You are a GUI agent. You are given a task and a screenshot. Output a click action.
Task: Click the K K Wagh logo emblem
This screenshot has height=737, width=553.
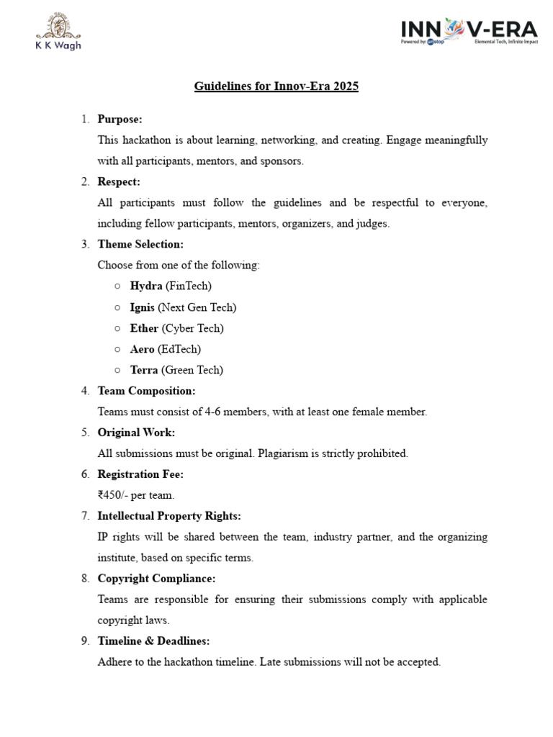pyautogui.click(x=58, y=27)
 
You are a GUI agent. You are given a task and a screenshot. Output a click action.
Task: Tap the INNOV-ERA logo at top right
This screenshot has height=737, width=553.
pyautogui.click(x=469, y=32)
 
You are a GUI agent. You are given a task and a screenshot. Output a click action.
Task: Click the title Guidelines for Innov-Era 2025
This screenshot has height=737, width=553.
pyautogui.click(x=276, y=87)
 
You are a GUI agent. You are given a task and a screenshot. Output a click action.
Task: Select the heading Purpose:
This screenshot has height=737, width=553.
pyautogui.click(x=120, y=119)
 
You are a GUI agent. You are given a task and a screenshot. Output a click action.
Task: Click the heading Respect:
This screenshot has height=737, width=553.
pyautogui.click(x=119, y=181)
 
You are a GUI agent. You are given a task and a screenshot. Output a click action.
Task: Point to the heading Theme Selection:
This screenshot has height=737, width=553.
pyautogui.click(x=140, y=244)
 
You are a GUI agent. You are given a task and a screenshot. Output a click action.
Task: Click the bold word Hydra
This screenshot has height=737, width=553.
pyautogui.click(x=146, y=286)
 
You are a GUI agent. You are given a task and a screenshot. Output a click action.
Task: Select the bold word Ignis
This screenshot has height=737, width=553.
pyautogui.click(x=143, y=307)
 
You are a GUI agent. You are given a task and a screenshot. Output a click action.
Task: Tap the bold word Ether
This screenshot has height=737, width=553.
pyautogui.click(x=144, y=328)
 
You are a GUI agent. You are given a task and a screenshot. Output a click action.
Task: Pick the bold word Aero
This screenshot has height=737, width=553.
pyautogui.click(x=143, y=349)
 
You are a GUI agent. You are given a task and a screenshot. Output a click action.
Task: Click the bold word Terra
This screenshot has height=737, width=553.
pyautogui.click(x=144, y=370)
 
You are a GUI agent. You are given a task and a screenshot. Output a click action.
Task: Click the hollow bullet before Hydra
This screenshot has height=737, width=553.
pyautogui.click(x=117, y=286)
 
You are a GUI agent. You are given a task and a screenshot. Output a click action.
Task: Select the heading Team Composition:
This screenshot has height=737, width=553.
pyautogui.click(x=146, y=391)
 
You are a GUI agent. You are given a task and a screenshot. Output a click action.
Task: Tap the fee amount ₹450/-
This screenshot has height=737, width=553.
pyautogui.click(x=116, y=495)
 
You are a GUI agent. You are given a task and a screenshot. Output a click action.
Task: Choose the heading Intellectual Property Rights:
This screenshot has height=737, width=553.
pyautogui.click(x=169, y=516)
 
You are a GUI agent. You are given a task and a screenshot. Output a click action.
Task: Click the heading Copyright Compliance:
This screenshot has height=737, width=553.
pyautogui.click(x=156, y=579)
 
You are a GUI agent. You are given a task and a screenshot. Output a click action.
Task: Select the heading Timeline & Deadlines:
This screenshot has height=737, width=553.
pyautogui.click(x=153, y=641)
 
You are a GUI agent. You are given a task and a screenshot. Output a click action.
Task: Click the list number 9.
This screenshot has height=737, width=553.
pyautogui.click(x=84, y=641)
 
